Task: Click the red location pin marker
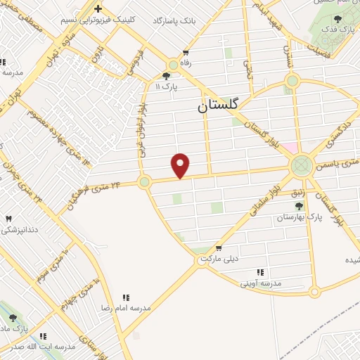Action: point(181,165)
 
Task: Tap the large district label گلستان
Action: point(218,105)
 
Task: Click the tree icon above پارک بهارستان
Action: point(300,206)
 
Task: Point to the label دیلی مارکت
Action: point(219,259)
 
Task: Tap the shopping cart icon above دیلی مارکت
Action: point(219,247)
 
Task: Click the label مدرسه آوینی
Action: point(260,283)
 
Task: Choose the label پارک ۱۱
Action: point(168,86)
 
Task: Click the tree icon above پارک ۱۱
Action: point(166,76)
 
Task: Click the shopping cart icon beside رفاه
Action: point(186,53)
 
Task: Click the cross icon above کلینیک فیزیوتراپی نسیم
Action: point(98,9)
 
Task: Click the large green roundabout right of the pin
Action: point(302,166)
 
